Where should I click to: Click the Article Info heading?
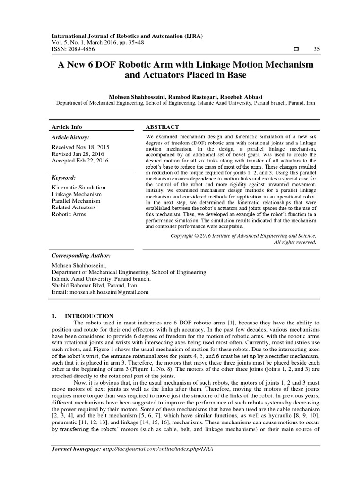(67, 127)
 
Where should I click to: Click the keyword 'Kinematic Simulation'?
(78, 188)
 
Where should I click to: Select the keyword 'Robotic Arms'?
(69, 214)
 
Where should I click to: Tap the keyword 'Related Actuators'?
(73, 207)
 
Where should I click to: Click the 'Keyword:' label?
(64, 178)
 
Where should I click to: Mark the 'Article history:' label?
(70, 137)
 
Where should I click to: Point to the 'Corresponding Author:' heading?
(81, 255)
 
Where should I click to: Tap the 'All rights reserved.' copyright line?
(295, 242)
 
